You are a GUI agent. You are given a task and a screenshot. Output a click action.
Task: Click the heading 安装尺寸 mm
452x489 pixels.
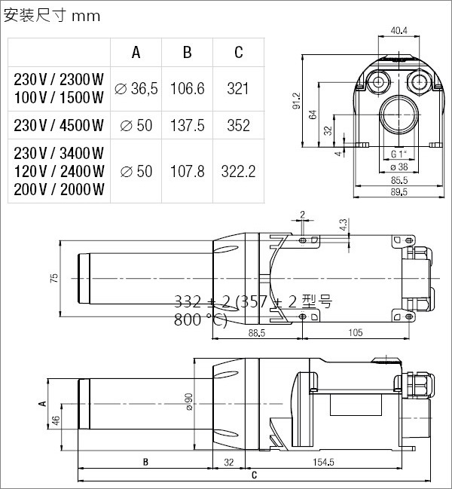[52, 16]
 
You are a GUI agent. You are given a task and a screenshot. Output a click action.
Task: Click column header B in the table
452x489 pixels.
[187, 53]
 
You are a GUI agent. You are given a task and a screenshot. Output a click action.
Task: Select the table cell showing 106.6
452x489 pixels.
[187, 89]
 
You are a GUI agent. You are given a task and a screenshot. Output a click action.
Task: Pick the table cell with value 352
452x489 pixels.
[239, 125]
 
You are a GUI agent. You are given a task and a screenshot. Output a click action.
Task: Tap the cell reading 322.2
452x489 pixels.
[239, 171]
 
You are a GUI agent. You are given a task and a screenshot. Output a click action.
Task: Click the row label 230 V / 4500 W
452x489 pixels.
[59, 125]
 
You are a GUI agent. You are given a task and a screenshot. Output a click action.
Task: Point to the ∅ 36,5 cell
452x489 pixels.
[136, 89]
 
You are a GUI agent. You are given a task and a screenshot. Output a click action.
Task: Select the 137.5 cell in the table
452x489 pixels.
[187, 125]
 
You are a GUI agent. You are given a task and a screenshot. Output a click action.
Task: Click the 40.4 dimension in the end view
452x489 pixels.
[399, 31]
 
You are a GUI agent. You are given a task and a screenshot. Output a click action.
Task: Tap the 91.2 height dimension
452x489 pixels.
[297, 100]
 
